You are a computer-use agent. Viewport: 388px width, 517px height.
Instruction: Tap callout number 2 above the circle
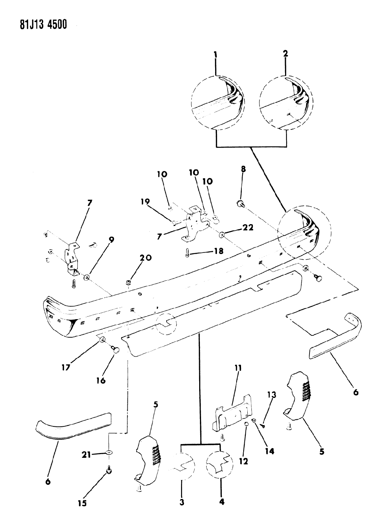tap(285, 54)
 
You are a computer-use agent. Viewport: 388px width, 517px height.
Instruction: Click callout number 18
tap(218, 251)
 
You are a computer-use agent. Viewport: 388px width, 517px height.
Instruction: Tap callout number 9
tap(111, 240)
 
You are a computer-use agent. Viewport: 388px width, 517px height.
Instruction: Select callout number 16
tap(101, 380)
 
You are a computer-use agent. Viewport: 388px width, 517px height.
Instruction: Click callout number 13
tap(272, 395)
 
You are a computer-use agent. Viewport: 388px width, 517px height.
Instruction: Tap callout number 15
tap(82, 503)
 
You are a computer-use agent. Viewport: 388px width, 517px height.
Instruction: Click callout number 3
tap(182, 502)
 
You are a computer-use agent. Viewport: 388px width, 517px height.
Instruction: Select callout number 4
tap(221, 502)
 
